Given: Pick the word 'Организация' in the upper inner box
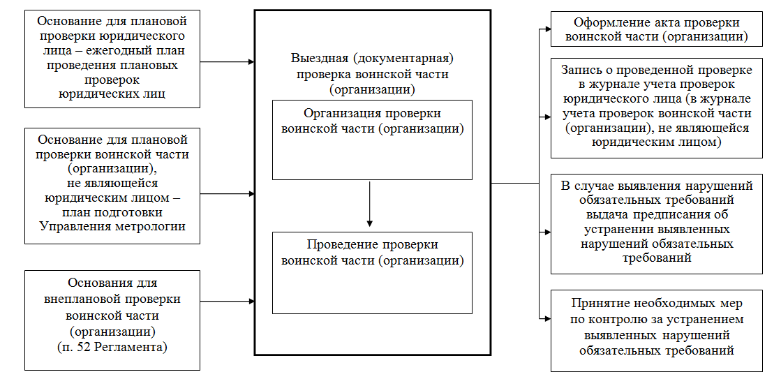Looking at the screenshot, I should (338, 113).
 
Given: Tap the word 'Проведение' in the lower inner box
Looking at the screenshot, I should (339, 245).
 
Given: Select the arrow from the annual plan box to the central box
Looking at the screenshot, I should (228, 62).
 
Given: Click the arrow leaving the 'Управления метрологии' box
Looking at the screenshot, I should (228, 193).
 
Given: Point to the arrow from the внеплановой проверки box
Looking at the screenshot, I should (228, 302).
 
